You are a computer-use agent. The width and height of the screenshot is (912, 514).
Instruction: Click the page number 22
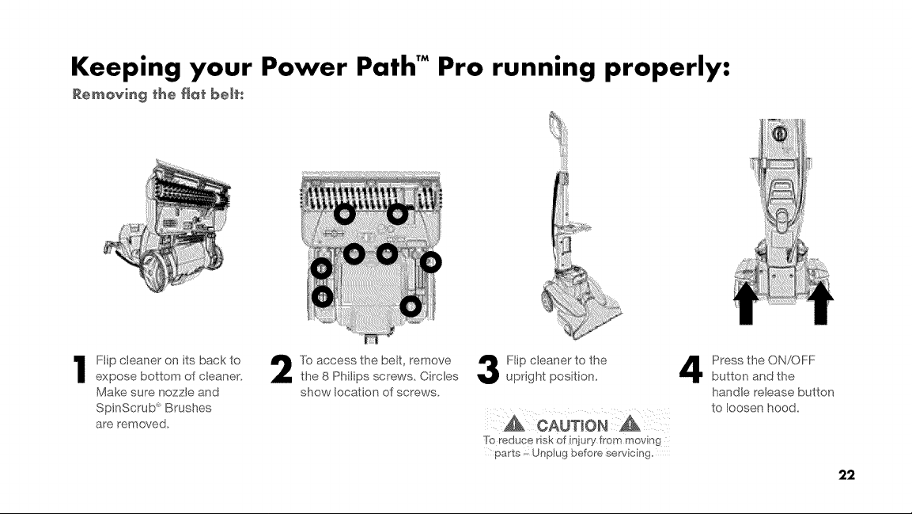[x=846, y=475]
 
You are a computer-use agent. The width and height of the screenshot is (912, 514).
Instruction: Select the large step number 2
[x=282, y=370]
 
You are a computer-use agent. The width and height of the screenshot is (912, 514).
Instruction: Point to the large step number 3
[x=487, y=370]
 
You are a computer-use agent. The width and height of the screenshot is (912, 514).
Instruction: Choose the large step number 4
[x=691, y=370]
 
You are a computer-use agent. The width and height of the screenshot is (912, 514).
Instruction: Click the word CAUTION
[x=573, y=425]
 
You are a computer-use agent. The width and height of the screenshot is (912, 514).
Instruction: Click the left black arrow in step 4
[x=746, y=303]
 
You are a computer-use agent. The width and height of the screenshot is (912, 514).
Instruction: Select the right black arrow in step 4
[x=821, y=303]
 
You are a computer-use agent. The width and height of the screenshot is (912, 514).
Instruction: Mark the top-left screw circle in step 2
[x=344, y=215]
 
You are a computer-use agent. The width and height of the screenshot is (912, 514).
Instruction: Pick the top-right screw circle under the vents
[x=398, y=215]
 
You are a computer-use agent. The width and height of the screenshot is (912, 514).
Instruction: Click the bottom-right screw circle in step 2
[x=411, y=306]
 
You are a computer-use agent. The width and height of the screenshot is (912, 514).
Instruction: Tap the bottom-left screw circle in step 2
[x=323, y=297]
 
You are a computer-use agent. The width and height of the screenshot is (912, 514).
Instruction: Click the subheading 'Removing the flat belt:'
[x=157, y=94]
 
